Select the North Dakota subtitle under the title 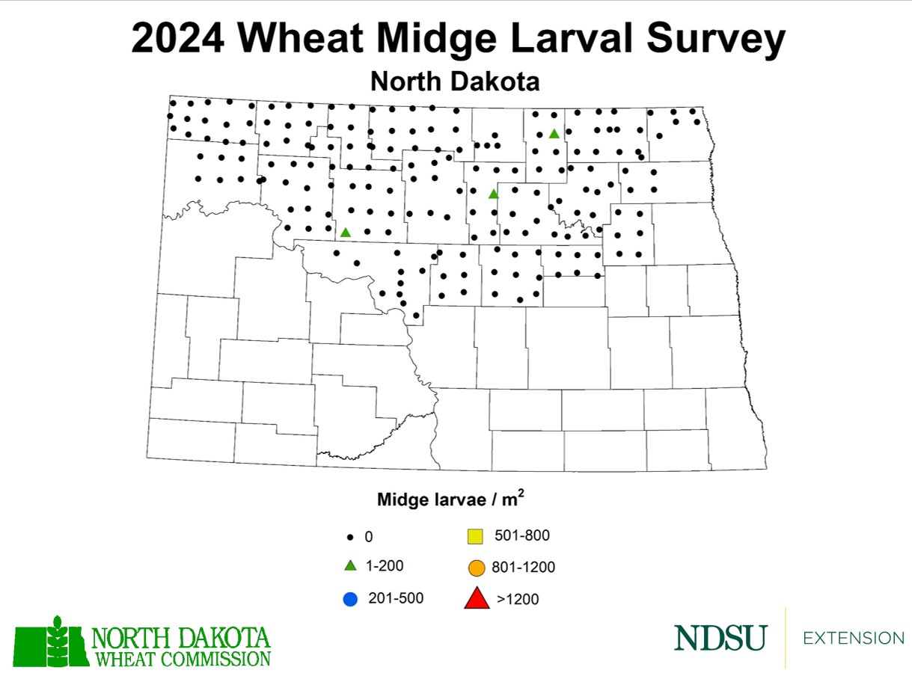(455, 81)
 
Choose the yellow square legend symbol (475, 536)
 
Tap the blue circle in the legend (349, 598)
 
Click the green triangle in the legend (349, 566)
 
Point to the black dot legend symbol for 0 (349, 537)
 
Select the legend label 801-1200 (523, 568)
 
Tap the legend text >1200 (517, 599)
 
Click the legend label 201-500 (396, 598)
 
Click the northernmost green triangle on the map (554, 134)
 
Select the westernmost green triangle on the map (345, 233)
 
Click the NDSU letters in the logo (720, 638)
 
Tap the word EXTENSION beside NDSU (853, 638)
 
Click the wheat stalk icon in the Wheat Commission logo (56, 640)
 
